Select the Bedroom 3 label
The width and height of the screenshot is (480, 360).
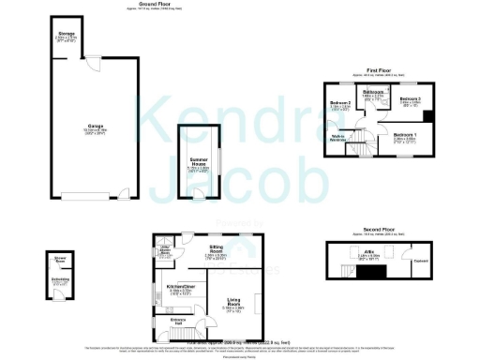[410, 98]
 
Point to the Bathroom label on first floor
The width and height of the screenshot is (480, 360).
[374, 92]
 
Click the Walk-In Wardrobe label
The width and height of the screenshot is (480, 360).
[340, 138]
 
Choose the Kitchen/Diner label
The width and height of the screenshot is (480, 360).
[180, 286]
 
